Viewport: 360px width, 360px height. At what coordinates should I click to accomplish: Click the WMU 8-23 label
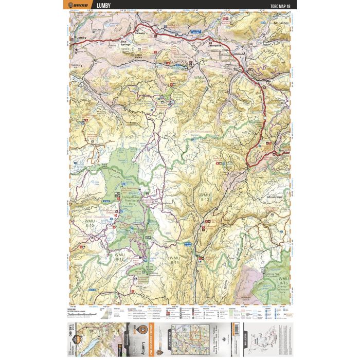click(200, 79)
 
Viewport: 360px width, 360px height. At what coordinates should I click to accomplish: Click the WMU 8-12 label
click(120, 257)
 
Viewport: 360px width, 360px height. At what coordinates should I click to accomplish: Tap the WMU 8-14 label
click(175, 260)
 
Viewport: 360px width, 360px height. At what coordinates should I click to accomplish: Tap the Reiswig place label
click(138, 32)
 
